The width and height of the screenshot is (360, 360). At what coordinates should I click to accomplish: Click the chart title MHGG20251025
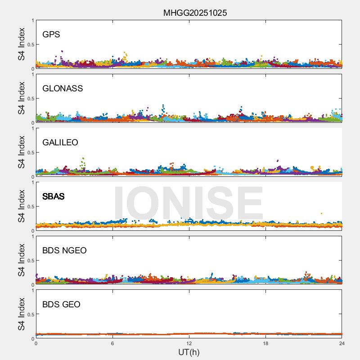click(195, 13)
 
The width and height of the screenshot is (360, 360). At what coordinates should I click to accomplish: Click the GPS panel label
click(51, 34)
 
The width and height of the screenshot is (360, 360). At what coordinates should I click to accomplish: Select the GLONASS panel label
click(63, 88)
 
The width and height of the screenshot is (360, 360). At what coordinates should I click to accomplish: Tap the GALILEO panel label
click(60, 142)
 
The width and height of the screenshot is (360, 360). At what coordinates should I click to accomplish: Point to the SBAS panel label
click(53, 196)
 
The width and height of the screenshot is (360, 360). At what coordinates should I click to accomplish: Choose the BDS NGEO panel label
click(64, 250)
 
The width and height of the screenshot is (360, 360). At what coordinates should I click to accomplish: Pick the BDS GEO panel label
click(61, 304)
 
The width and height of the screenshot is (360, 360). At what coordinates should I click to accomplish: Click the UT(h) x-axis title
click(189, 352)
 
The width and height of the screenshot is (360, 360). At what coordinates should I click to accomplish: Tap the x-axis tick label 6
click(112, 343)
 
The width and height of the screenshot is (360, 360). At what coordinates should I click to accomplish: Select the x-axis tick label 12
click(189, 343)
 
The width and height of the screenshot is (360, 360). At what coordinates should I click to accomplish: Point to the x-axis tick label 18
click(265, 343)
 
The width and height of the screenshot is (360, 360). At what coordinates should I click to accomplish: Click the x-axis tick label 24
click(342, 343)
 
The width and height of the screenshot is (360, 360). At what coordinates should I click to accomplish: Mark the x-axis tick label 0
click(36, 343)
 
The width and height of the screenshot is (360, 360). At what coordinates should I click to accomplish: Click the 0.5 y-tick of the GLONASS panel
click(29, 99)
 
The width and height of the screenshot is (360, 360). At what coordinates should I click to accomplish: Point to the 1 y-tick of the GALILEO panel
click(32, 129)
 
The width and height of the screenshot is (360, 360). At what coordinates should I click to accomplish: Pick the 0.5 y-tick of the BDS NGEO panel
click(29, 261)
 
